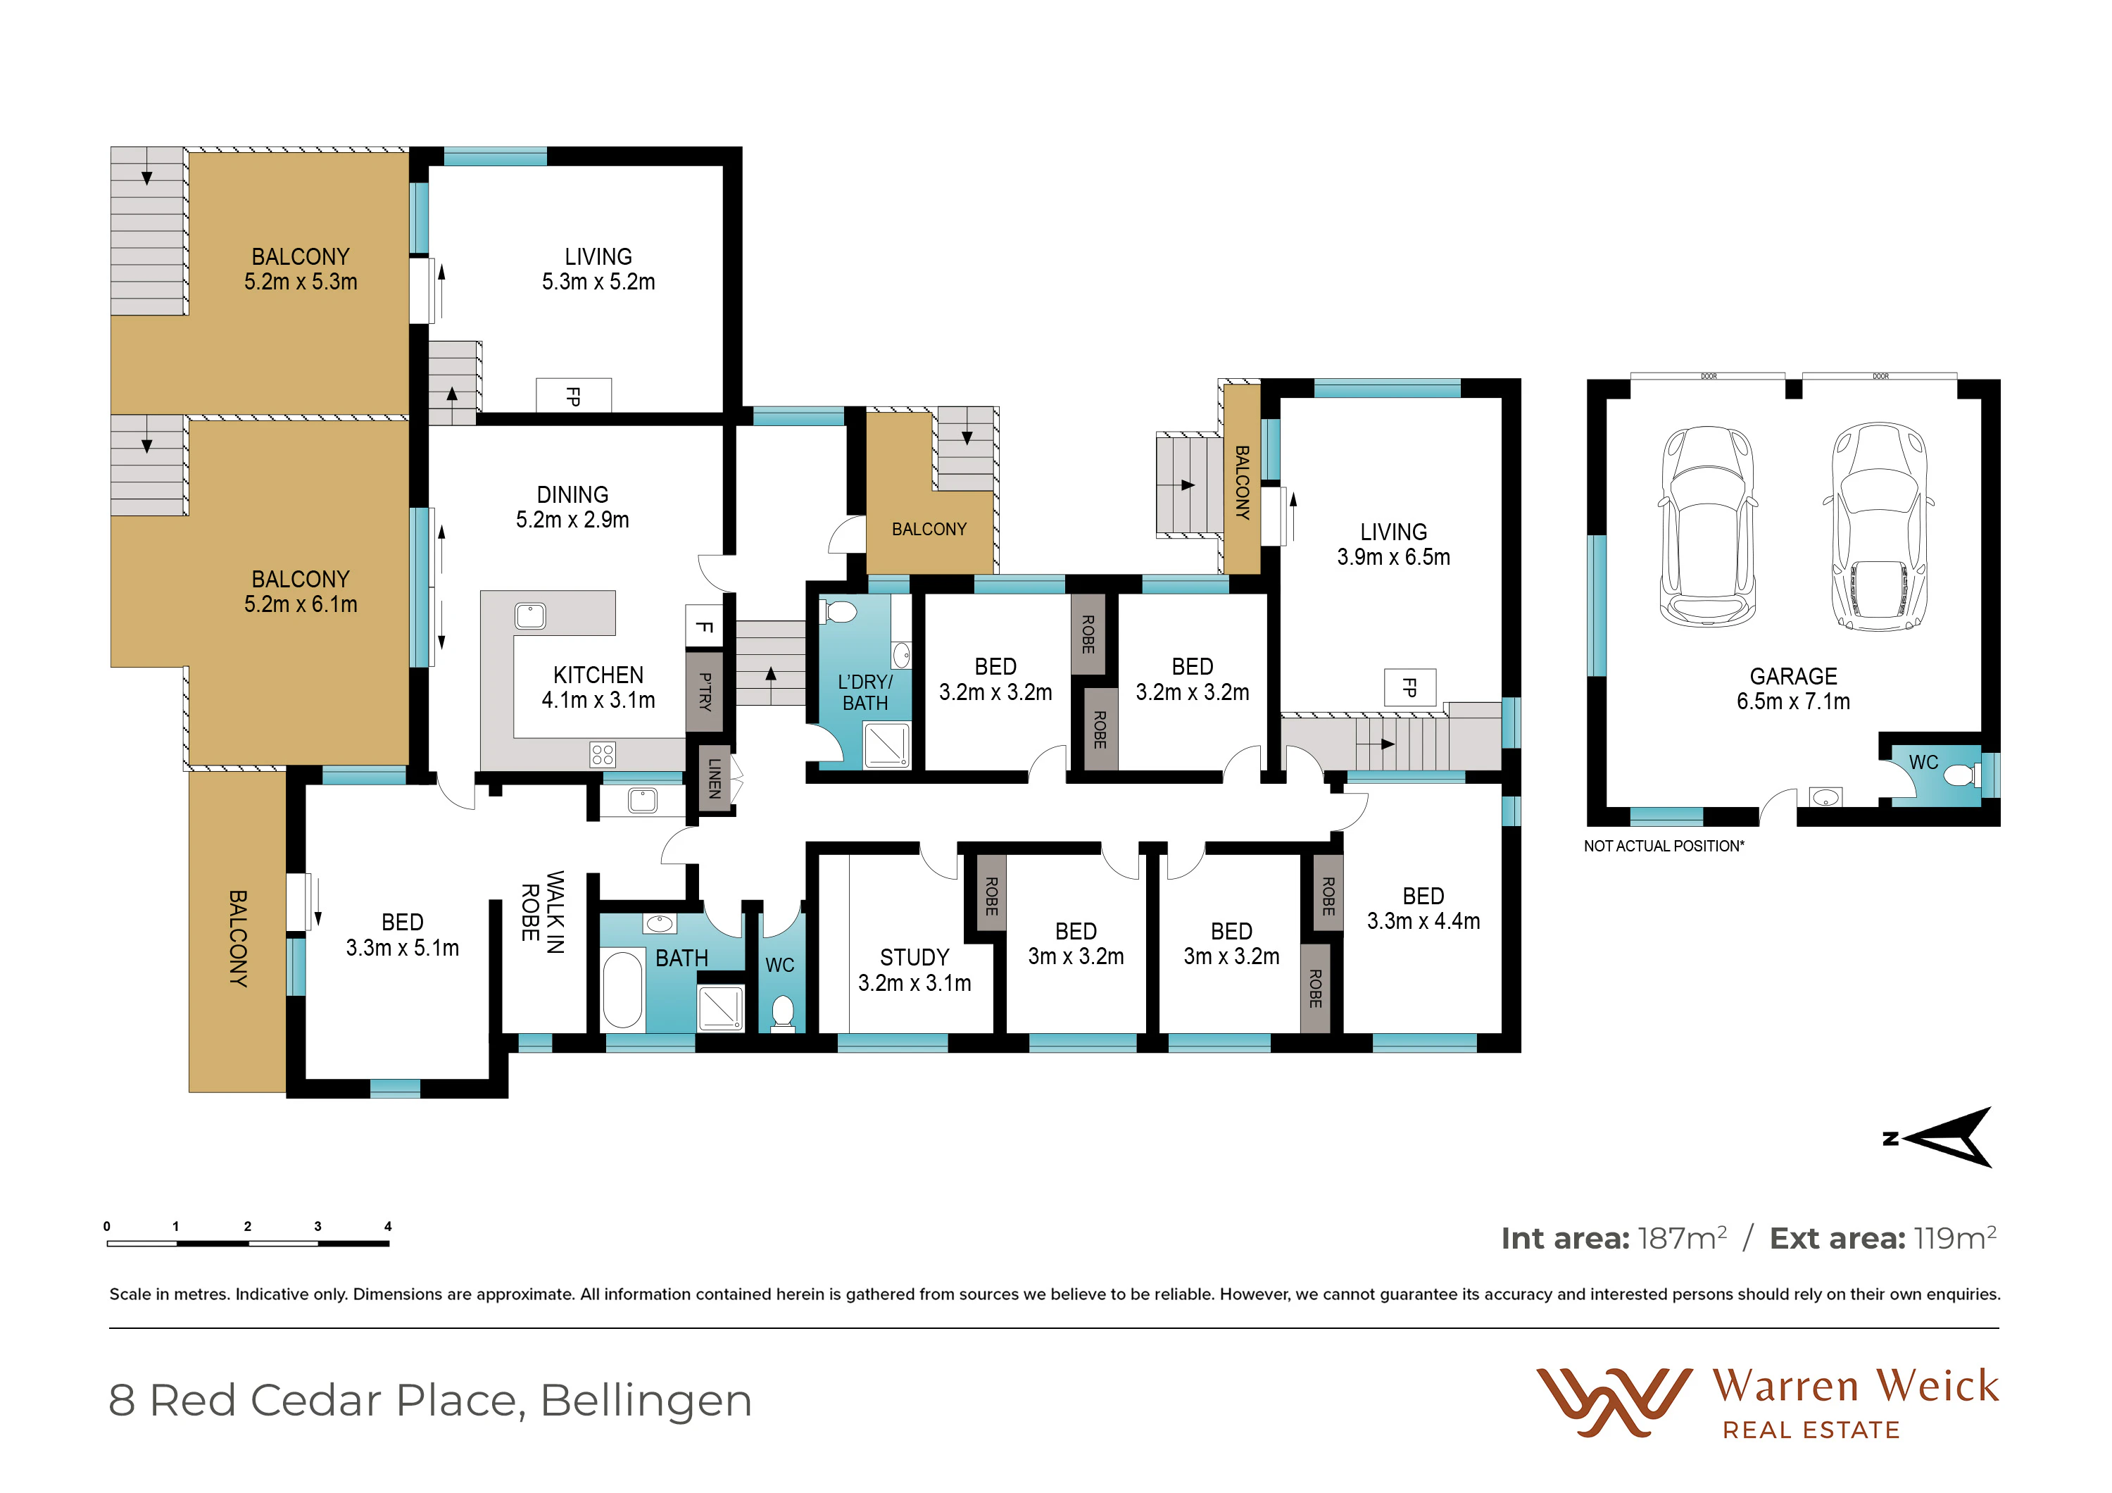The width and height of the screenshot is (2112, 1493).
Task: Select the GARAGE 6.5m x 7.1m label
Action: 1793,689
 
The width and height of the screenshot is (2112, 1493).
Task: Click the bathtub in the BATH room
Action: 623,989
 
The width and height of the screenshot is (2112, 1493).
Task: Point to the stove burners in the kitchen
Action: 603,755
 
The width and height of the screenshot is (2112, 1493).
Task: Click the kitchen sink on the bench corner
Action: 530,616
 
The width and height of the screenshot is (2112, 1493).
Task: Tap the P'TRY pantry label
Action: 705,692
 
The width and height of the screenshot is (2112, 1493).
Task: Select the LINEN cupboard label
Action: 715,778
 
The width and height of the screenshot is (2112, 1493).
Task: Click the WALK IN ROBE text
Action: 543,911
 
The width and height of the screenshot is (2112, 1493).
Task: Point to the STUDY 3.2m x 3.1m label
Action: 914,970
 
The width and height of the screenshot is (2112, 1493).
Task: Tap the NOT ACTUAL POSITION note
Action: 1663,847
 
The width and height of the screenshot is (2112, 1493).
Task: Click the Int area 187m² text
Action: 1614,1238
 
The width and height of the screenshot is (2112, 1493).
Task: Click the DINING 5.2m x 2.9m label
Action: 572,507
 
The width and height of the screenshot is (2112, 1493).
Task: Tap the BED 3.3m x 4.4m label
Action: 1423,909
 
